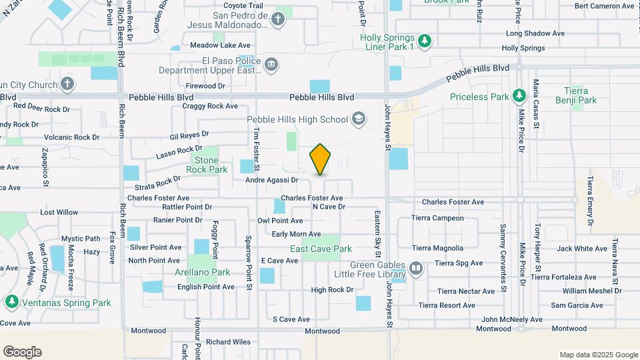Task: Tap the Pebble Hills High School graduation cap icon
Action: point(359,119)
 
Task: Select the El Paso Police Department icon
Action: point(271,65)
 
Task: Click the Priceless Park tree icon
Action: point(517,97)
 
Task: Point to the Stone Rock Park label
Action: point(207,165)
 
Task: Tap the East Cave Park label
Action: point(321,249)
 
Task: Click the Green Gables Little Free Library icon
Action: point(417,268)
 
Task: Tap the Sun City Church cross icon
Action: point(66,85)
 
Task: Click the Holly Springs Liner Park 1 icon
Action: point(424,42)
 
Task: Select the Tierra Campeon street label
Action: point(437,218)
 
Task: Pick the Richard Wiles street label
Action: point(228,342)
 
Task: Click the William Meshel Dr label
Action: point(591,291)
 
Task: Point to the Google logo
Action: point(22,352)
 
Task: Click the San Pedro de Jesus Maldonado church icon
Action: point(278,21)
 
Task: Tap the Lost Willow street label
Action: point(59,213)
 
